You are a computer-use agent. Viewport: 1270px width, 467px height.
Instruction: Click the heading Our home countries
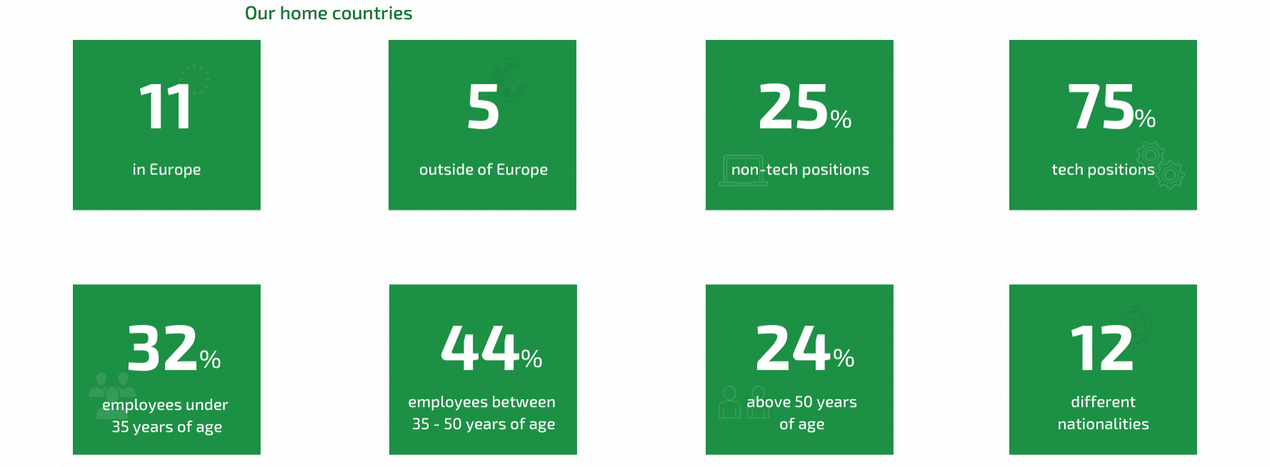(x=329, y=13)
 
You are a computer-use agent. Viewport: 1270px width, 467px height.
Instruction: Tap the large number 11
(x=166, y=107)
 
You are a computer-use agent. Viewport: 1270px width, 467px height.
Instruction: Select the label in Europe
(x=166, y=170)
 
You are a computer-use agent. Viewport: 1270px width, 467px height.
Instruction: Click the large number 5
(x=483, y=107)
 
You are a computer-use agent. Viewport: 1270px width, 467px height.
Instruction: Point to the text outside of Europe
(x=484, y=170)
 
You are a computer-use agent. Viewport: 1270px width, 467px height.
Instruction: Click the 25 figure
(x=793, y=107)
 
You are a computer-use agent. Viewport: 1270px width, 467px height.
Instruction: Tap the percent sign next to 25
(x=841, y=119)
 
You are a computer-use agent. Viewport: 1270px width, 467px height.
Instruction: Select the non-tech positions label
(x=800, y=170)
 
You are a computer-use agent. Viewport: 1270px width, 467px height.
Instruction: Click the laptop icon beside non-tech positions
(x=743, y=171)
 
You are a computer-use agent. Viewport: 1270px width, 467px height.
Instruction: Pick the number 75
(x=1101, y=107)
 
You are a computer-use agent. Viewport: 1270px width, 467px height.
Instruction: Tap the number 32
(x=163, y=348)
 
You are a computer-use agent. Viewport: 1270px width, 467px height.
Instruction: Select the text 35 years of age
(x=166, y=427)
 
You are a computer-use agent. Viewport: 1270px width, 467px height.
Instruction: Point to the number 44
(x=480, y=348)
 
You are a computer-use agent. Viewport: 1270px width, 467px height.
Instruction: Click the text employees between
(x=481, y=403)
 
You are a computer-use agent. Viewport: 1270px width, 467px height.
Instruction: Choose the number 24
(x=794, y=348)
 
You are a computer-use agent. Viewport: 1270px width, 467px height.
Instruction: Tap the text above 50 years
(x=801, y=402)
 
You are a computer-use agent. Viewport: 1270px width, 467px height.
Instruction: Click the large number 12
(x=1101, y=348)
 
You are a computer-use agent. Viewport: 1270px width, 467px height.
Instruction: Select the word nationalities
(x=1103, y=424)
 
